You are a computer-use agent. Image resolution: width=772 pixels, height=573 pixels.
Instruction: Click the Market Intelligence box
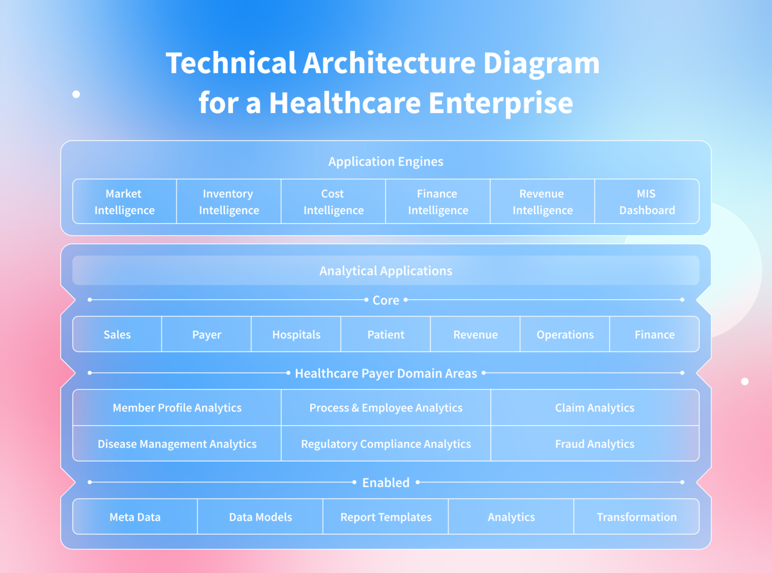125,202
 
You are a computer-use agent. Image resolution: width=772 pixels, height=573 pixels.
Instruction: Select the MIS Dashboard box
647,202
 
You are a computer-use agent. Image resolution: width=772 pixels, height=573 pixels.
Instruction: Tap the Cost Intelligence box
333,202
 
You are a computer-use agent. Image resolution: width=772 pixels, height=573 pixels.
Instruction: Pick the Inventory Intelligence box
229,202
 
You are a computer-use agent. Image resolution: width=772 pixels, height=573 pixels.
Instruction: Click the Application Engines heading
385,161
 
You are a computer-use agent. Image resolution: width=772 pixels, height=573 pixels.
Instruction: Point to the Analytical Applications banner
385,271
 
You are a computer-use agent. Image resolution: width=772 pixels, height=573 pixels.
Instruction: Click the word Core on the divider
385,300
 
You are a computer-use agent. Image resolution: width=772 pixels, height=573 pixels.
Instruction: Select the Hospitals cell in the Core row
296,335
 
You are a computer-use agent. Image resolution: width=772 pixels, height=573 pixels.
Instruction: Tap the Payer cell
207,335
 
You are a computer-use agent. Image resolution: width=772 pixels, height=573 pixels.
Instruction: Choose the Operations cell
565,335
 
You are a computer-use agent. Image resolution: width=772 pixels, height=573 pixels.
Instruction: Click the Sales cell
117,335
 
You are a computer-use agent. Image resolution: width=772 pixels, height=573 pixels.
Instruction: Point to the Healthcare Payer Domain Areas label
385,373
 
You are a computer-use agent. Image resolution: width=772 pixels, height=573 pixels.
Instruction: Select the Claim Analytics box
595,408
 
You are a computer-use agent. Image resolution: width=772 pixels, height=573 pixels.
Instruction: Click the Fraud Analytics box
595,444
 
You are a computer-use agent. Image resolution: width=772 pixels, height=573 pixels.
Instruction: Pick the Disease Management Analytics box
177,444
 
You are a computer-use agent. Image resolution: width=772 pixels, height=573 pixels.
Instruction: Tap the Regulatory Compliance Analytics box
385,444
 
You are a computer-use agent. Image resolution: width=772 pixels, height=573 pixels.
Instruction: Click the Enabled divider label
385,483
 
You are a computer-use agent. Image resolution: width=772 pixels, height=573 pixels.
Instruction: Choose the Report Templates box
385,517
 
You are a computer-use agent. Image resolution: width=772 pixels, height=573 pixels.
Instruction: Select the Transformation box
636,517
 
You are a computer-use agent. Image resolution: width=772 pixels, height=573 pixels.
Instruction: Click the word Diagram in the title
541,63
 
